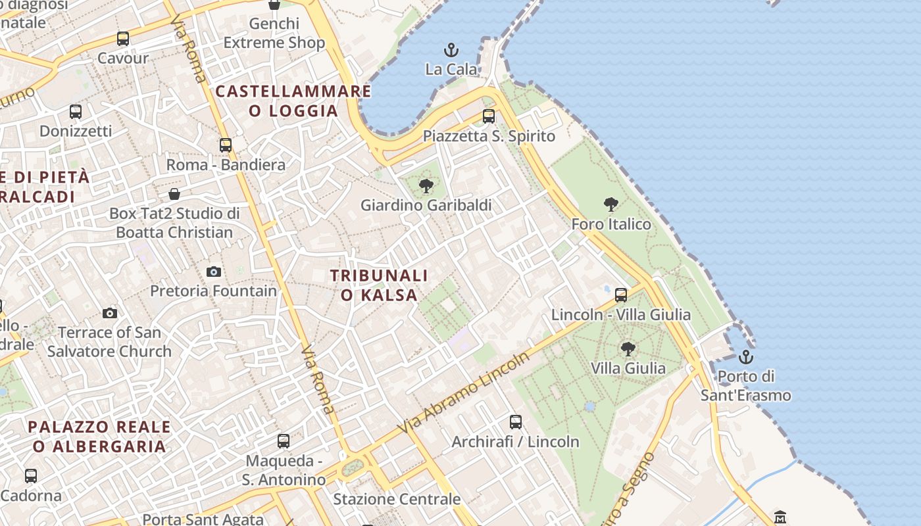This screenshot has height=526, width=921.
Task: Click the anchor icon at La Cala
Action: pyautogui.click(x=451, y=50)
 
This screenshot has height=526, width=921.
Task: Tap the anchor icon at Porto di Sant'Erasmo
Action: pyautogui.click(x=745, y=357)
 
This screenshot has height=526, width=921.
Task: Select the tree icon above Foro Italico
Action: pyautogui.click(x=611, y=204)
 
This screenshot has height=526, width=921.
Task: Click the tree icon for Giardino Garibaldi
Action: pyautogui.click(x=426, y=186)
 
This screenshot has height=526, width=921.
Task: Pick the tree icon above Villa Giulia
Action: pyautogui.click(x=628, y=348)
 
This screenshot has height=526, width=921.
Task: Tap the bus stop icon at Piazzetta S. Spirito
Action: pyautogui.click(x=489, y=116)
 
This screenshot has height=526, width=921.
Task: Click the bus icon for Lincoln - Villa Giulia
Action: pyautogui.click(x=621, y=295)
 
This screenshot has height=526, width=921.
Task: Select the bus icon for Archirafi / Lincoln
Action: pyautogui.click(x=516, y=422)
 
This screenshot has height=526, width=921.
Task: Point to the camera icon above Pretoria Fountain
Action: pyautogui.click(x=214, y=272)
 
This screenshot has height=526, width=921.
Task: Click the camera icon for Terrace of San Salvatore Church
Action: pyautogui.click(x=110, y=313)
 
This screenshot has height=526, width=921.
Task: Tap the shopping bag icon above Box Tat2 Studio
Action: pyautogui.click(x=174, y=194)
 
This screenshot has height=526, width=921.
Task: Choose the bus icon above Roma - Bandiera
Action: pyautogui.click(x=226, y=145)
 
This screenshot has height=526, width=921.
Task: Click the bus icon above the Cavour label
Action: pyautogui.click(x=123, y=39)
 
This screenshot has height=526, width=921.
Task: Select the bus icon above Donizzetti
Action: pyautogui.click(x=76, y=112)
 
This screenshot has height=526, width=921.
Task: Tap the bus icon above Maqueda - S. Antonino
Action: pyautogui.click(x=284, y=441)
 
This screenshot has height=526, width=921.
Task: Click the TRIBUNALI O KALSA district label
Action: pyautogui.click(x=379, y=285)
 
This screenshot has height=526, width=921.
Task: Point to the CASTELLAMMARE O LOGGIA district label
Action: pyautogui.click(x=293, y=101)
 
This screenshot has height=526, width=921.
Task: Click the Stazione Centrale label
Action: pyautogui.click(x=397, y=499)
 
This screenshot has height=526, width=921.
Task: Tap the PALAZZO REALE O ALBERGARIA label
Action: pyautogui.click(x=99, y=437)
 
